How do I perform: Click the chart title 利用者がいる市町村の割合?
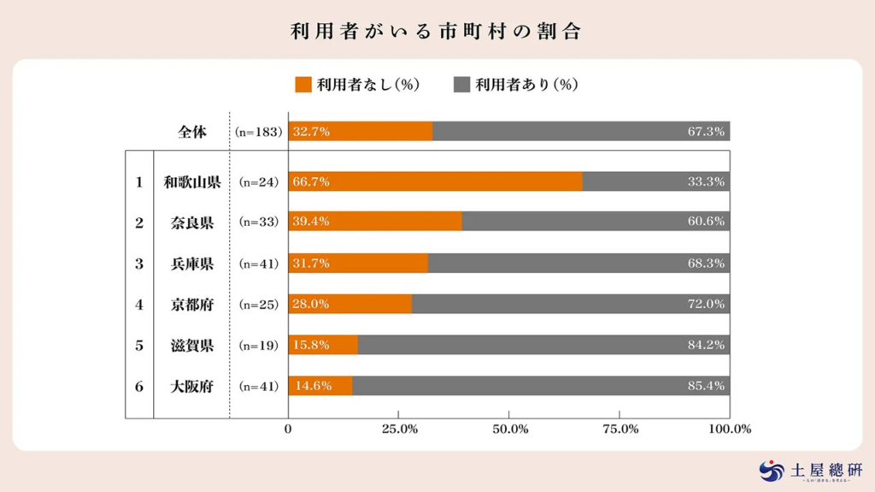[x=437, y=32]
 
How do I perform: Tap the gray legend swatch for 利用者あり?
[x=461, y=84]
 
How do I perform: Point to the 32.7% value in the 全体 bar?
[x=312, y=132]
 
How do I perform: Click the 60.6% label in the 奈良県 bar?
[x=706, y=222]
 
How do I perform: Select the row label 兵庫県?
[x=192, y=264]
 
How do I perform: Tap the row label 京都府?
[x=192, y=305]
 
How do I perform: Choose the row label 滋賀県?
[x=192, y=346]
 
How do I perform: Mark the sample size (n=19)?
[x=258, y=346]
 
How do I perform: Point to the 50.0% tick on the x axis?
[x=510, y=429]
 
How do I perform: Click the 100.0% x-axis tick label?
[x=730, y=429]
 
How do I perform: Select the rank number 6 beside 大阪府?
[x=139, y=387]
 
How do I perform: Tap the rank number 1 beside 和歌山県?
[x=139, y=181]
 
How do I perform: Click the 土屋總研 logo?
[x=811, y=471]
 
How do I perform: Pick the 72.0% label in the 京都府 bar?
[x=706, y=304]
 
